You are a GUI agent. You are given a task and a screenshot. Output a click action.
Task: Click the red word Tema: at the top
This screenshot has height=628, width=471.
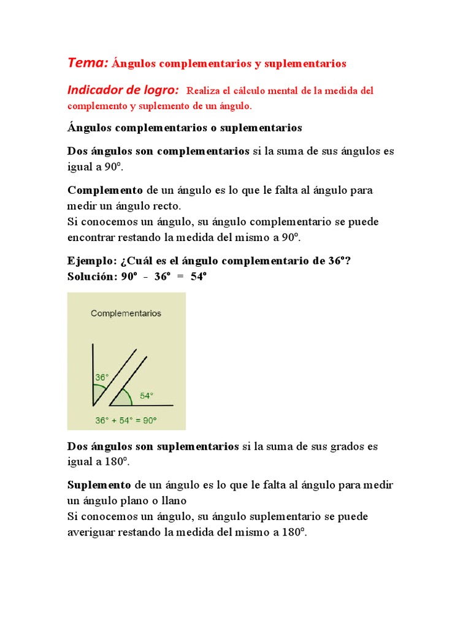pos(88,63)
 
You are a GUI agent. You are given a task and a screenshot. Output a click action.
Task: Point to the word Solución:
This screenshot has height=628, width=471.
pos(91,276)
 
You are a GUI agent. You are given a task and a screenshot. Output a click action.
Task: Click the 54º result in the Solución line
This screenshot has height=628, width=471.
pos(199,276)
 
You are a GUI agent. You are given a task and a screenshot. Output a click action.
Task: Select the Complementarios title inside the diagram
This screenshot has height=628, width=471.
pos(126,313)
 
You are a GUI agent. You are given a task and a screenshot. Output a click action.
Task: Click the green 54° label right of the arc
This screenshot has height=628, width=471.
pos(146,396)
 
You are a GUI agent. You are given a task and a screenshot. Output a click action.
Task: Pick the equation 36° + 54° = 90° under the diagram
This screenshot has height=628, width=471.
pos(126,420)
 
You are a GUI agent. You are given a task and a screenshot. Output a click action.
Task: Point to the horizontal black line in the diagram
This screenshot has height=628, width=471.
pos(147,405)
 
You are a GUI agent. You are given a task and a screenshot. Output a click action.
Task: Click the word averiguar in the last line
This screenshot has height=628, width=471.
pos(91,532)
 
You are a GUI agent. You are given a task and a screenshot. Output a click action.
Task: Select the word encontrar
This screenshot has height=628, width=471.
pos(91,238)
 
